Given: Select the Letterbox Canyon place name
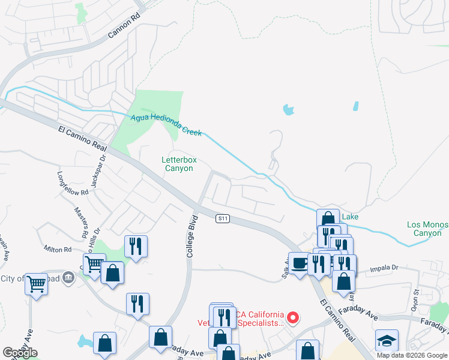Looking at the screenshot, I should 179,164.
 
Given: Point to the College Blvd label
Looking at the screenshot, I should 191,236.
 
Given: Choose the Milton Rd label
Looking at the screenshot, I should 58,249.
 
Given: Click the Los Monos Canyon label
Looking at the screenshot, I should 427,229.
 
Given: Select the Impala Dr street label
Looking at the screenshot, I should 385,269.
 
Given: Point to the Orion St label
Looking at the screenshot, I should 415,299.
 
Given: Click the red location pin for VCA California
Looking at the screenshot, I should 293,317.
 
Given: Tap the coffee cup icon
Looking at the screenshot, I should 299,262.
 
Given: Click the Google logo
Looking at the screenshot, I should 20,353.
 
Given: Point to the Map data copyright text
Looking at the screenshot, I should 412,355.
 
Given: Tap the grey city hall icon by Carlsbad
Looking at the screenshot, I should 68,277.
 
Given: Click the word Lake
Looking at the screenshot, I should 350,215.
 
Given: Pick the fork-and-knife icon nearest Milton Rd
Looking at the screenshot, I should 136,245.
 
